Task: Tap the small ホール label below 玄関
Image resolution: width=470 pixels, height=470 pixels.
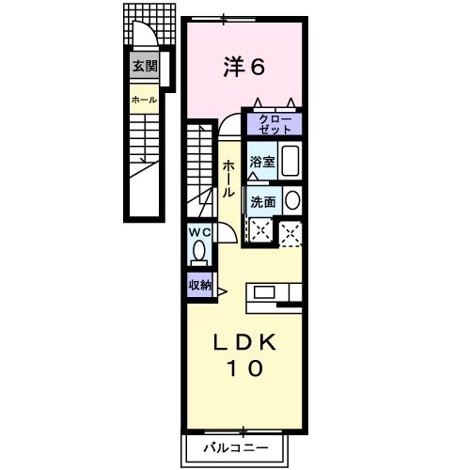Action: [x=144, y=100]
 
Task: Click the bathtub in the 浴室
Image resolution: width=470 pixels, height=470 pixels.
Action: [x=290, y=160]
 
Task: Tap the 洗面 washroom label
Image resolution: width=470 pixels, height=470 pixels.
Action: [x=262, y=201]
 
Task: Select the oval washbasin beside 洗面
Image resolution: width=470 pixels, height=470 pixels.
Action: [x=291, y=199]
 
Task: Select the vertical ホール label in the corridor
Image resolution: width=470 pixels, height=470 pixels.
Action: [x=228, y=175]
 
